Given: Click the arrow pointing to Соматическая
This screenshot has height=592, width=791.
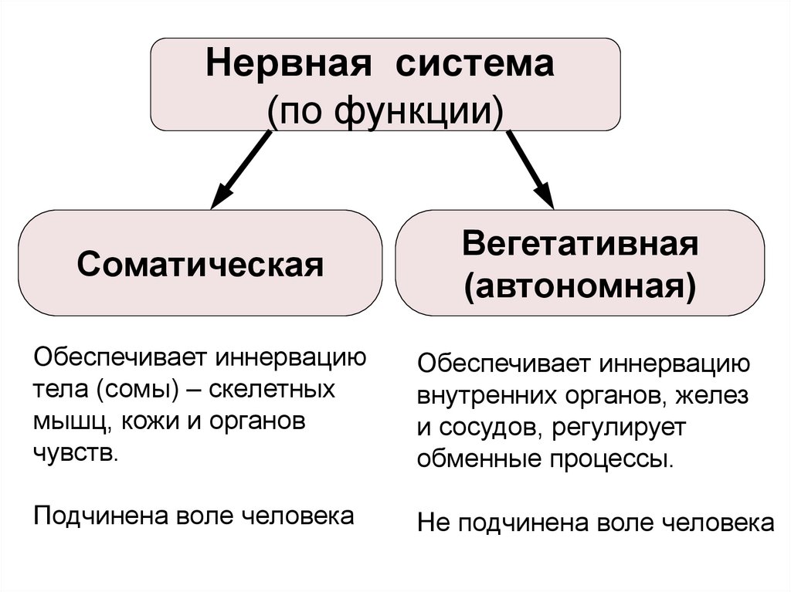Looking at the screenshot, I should click(240, 170).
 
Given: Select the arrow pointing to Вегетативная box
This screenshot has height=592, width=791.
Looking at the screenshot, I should click(531, 170).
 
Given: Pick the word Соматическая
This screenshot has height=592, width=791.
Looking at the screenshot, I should click(199, 264).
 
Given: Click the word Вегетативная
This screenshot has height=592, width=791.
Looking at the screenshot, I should click(580, 244).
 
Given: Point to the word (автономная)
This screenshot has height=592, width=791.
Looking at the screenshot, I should click(580, 287).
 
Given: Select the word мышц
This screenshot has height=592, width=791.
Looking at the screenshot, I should click(63, 421).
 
